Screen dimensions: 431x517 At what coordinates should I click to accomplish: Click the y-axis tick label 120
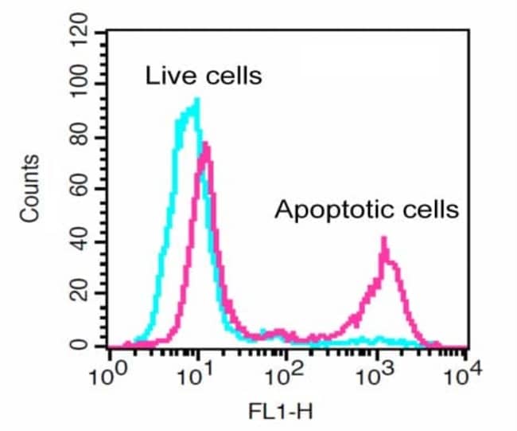tap(80, 33)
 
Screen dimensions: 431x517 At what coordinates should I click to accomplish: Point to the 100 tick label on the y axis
tap(80, 85)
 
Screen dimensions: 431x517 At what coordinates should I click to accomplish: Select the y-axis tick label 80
tap(83, 137)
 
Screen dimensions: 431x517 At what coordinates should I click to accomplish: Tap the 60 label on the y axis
tap(83, 190)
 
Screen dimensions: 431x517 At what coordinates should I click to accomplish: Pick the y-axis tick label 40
tap(83, 242)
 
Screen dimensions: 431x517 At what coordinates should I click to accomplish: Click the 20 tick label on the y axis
tap(83, 294)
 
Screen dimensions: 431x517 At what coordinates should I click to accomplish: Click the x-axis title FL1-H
tap(285, 413)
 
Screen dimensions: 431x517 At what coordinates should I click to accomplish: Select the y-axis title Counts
tap(29, 190)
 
